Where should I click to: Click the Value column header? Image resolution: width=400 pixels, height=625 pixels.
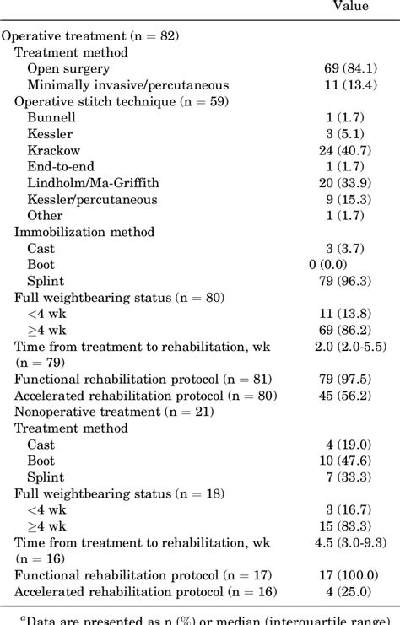(350, 7)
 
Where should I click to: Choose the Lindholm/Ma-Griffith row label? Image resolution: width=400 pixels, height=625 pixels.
(92, 183)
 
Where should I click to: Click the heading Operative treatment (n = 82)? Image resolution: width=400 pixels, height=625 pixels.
(90, 36)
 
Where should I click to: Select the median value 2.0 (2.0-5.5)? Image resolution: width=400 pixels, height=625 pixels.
(350, 347)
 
